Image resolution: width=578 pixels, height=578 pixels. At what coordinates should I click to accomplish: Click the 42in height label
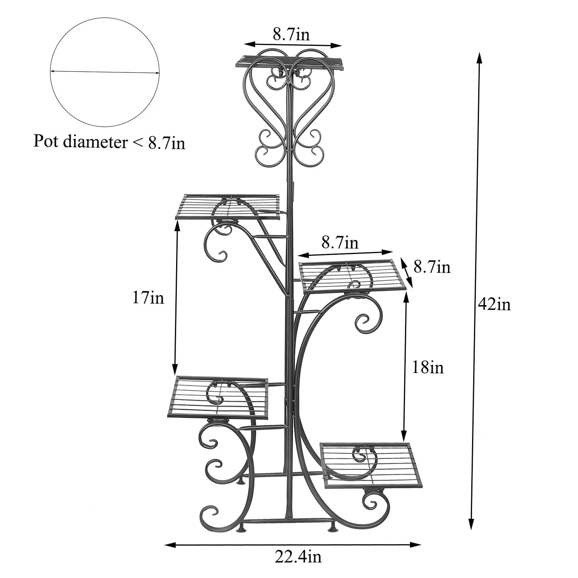[x=494, y=305]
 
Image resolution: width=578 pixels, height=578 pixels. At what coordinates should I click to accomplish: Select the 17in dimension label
[x=148, y=298]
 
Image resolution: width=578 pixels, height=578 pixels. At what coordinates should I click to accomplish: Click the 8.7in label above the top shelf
[x=291, y=35]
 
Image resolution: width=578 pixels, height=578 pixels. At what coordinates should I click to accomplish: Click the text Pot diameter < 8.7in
[x=109, y=142]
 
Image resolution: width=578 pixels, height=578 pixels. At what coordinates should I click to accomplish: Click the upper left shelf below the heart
[x=228, y=207]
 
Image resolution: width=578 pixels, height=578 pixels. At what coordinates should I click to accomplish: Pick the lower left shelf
[x=218, y=398]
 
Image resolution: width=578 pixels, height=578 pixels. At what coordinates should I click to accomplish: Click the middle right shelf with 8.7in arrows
[x=352, y=275]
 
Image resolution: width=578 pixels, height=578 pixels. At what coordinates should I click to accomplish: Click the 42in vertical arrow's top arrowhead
[x=479, y=56]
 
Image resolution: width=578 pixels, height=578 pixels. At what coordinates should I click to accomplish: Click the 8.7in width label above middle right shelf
[x=340, y=243]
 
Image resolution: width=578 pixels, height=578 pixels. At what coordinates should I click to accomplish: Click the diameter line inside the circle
[x=104, y=72]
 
